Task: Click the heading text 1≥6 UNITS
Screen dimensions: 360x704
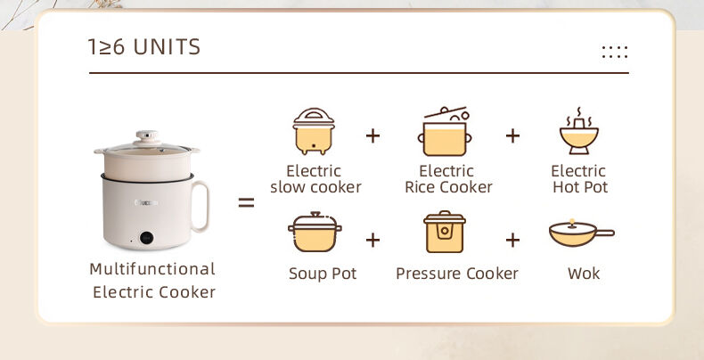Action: pyautogui.click(x=143, y=47)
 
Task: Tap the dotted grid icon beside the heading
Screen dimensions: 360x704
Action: pyautogui.click(x=614, y=52)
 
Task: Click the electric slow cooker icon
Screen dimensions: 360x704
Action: pyautogui.click(x=314, y=131)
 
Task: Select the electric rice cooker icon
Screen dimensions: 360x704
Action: pyautogui.click(x=444, y=132)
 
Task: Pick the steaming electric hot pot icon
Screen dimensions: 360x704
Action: pyautogui.click(x=578, y=132)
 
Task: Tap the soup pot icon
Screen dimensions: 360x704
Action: pyautogui.click(x=315, y=233)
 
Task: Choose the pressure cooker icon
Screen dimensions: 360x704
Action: pyautogui.click(x=444, y=233)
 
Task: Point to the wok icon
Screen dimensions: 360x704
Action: pyautogui.click(x=580, y=233)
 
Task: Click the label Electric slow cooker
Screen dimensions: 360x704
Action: pyautogui.click(x=315, y=179)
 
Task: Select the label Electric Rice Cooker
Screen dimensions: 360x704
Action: pyautogui.click(x=448, y=179)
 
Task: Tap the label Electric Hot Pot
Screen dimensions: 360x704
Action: pyautogui.click(x=579, y=179)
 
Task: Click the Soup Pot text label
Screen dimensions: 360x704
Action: pyautogui.click(x=323, y=274)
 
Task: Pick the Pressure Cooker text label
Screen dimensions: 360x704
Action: pyautogui.click(x=457, y=274)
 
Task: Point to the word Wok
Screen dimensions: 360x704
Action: pyautogui.click(x=584, y=274)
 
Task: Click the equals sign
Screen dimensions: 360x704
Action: pyautogui.click(x=246, y=203)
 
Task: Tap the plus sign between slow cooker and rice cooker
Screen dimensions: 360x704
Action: pyautogui.click(x=372, y=136)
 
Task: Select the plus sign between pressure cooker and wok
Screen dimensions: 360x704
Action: pyautogui.click(x=512, y=240)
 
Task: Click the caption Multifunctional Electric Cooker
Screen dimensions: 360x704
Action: pyautogui.click(x=153, y=280)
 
